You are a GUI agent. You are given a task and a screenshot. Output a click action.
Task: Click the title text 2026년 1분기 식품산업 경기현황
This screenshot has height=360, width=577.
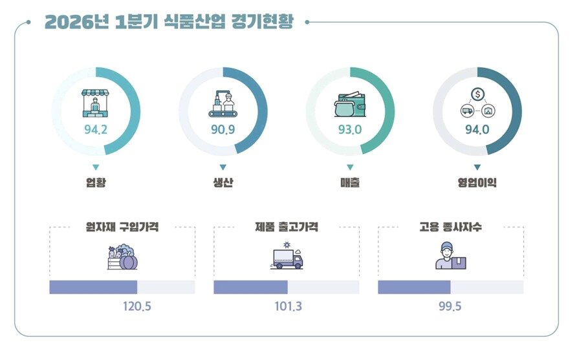pyautogui.click(x=169, y=22)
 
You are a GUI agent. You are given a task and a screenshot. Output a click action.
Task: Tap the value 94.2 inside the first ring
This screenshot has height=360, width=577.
pyautogui.click(x=96, y=130)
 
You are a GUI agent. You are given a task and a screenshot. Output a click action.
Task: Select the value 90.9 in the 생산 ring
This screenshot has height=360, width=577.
pyautogui.click(x=223, y=130)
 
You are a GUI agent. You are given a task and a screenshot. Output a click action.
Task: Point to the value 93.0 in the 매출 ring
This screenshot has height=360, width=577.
pyautogui.click(x=350, y=130)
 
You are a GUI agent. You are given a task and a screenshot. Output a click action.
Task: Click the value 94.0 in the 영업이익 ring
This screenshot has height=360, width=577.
pyautogui.click(x=477, y=130)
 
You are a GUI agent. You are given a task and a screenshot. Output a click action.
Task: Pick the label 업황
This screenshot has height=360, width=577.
pyautogui.click(x=96, y=183)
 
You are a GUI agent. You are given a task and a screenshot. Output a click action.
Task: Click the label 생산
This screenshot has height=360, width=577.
pyautogui.click(x=223, y=183)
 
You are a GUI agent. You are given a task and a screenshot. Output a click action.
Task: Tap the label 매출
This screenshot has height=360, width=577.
pyautogui.click(x=350, y=183)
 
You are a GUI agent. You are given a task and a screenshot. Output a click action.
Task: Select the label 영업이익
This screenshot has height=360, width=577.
pyautogui.click(x=477, y=183)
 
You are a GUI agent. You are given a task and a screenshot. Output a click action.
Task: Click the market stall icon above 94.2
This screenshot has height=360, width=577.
pyautogui.click(x=96, y=102)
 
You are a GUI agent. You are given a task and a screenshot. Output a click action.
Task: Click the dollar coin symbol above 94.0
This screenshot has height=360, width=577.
pyautogui.click(x=477, y=95)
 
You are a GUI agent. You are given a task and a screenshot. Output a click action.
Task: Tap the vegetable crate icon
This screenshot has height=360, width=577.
pyautogui.click(x=122, y=257)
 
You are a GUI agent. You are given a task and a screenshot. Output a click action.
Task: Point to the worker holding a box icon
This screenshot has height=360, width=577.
pyautogui.click(x=450, y=257)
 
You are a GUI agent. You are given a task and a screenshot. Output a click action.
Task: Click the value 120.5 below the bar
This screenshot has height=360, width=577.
pyautogui.click(x=136, y=306)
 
